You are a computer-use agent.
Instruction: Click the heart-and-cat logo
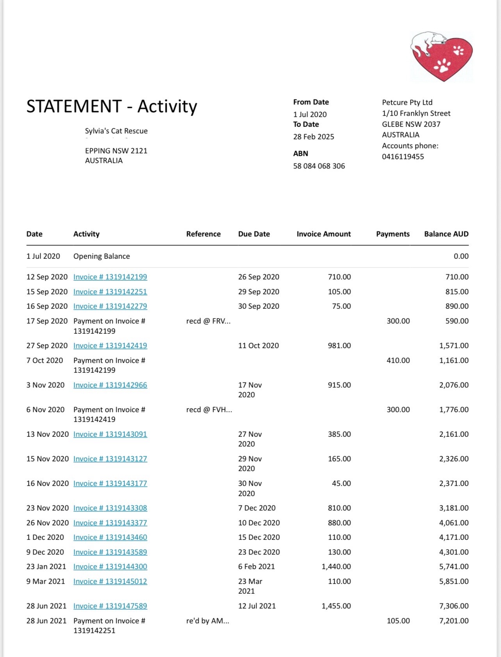[x=442, y=57]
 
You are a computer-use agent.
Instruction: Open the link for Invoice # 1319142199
[x=110, y=277]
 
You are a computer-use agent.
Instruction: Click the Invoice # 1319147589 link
[x=110, y=606]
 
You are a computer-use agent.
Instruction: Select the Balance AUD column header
[x=446, y=234]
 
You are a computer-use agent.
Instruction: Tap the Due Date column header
[x=254, y=234]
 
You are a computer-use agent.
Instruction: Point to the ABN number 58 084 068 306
[x=319, y=166]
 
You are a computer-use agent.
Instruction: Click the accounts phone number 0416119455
[x=403, y=157]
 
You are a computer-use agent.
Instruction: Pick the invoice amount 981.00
[x=339, y=345]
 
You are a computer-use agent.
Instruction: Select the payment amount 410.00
[x=398, y=360]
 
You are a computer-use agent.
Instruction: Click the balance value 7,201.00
[x=454, y=621]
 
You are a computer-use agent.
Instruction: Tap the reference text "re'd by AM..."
[x=207, y=621]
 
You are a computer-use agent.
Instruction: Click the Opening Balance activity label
[x=102, y=256]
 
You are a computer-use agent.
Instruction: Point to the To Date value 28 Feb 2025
[x=314, y=137]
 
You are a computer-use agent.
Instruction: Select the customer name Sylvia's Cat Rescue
[x=116, y=131]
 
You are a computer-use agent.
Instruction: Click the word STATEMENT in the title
[x=74, y=106]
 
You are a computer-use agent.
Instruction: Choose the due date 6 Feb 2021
[x=256, y=566]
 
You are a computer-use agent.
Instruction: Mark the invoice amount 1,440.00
[x=336, y=566]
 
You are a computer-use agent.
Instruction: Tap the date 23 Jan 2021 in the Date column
[x=46, y=566]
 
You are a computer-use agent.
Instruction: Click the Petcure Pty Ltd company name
[x=407, y=102]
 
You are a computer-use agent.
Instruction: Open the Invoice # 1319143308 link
[x=110, y=508]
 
